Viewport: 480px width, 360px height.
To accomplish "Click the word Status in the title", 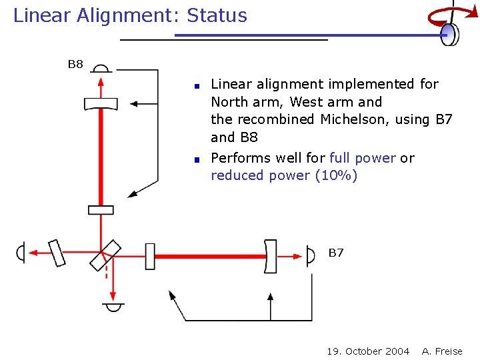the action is pyautogui.click(x=217, y=15).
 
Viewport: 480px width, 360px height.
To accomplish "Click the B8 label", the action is pyautogui.click(x=75, y=65).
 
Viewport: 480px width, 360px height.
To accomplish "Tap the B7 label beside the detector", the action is pyautogui.click(x=336, y=253).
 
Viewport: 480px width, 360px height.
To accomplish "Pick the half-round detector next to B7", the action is pyautogui.click(x=311, y=256).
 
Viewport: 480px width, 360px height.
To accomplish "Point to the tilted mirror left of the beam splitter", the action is pyautogui.click(x=58, y=253).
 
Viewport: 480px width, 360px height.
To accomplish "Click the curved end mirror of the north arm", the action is pyautogui.click(x=101, y=104).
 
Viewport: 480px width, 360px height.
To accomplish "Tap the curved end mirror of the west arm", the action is pyautogui.click(x=270, y=256).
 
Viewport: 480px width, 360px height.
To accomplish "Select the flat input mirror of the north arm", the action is pyautogui.click(x=101, y=210).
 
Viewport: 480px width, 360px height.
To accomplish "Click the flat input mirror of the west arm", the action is pyautogui.click(x=150, y=256).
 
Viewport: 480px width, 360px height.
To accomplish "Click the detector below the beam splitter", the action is pyautogui.click(x=113, y=307).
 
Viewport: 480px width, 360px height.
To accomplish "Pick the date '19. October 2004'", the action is pyautogui.click(x=368, y=351).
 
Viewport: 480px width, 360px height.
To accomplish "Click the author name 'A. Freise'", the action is pyautogui.click(x=442, y=351).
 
